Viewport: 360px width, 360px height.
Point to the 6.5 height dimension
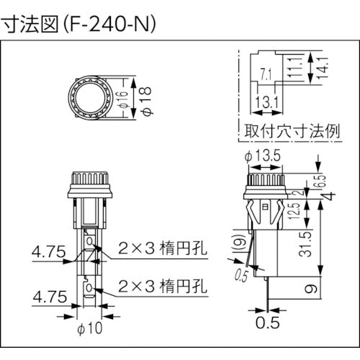pos(322,179)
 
